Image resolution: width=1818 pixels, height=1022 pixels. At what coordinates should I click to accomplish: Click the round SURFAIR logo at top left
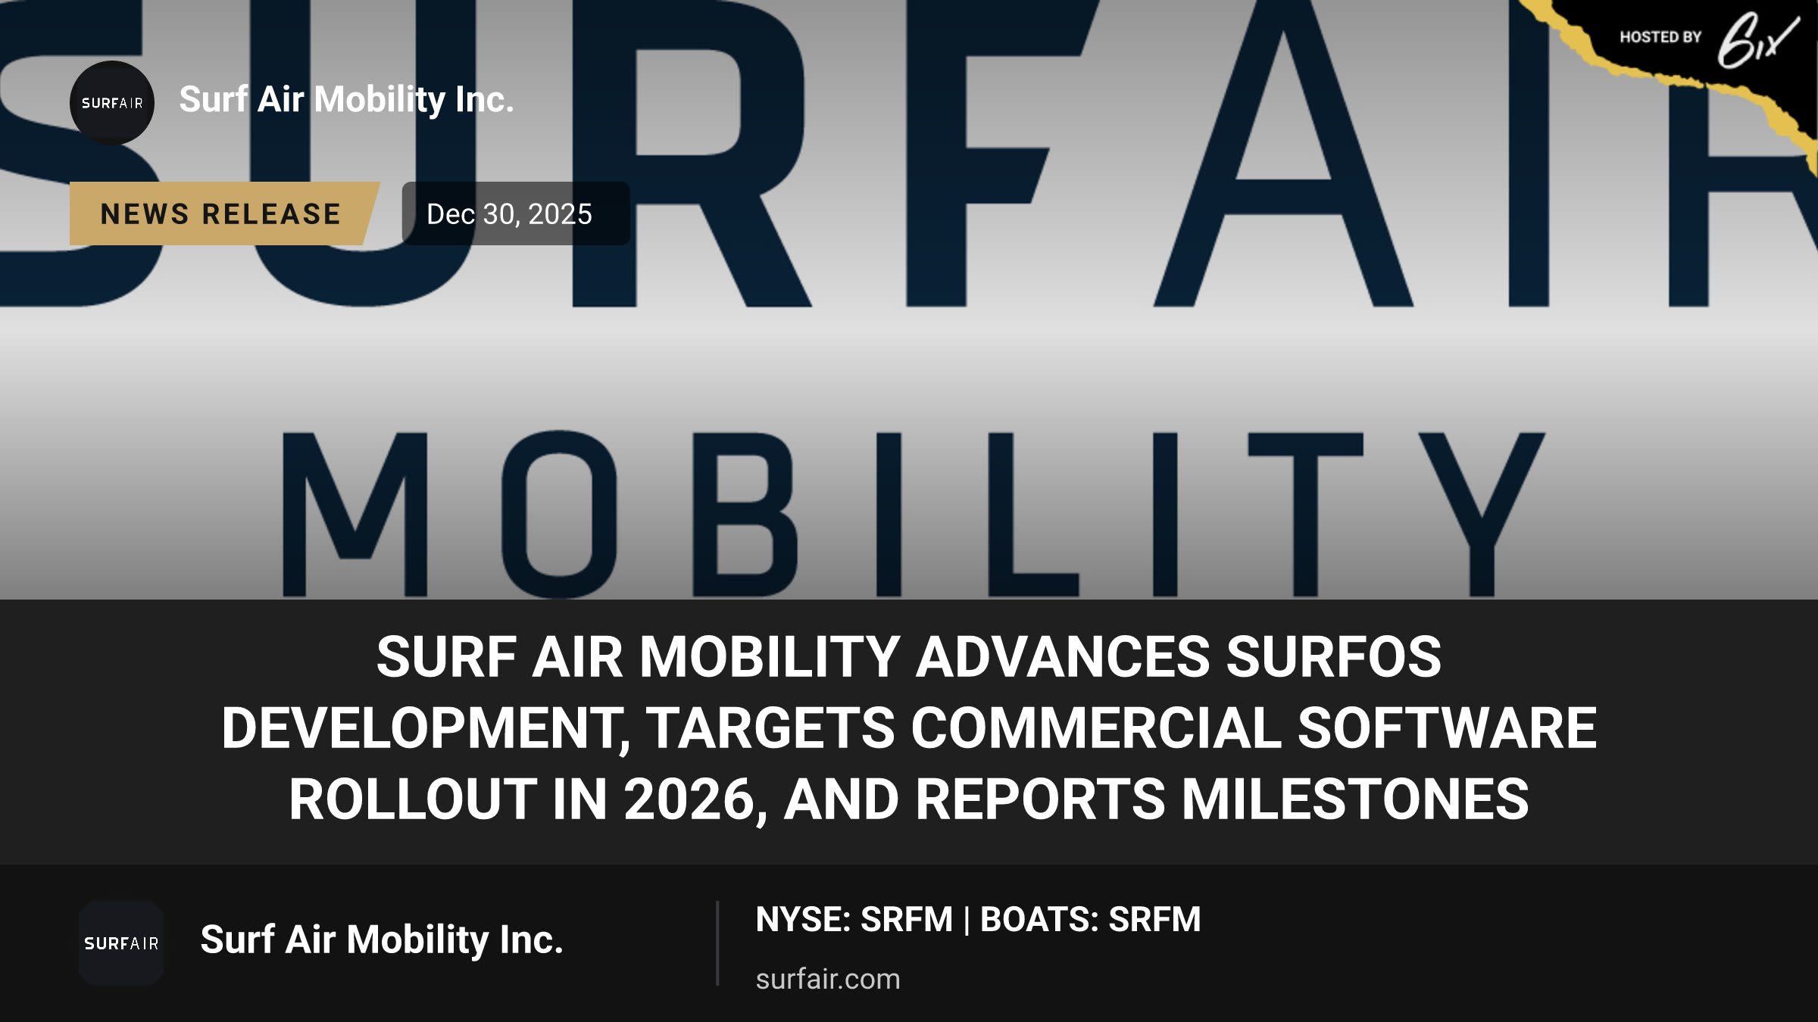(112, 103)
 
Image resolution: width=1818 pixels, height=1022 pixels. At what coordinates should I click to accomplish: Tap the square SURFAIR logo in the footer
(121, 943)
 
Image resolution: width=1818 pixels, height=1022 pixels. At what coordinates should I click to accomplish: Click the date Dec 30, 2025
(509, 214)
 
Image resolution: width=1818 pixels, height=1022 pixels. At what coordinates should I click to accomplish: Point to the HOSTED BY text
(1660, 37)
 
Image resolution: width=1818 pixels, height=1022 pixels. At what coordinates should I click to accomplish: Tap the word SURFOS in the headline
(1334, 656)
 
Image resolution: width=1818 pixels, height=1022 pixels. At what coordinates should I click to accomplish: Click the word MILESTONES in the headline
(1355, 799)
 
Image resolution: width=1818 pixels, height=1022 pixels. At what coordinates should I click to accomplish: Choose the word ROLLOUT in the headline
(412, 799)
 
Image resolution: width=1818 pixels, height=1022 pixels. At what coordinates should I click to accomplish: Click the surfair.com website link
(828, 979)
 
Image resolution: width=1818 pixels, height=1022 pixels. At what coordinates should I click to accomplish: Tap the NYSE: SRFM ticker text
(854, 920)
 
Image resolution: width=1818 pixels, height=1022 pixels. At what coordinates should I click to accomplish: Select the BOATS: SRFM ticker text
(1091, 920)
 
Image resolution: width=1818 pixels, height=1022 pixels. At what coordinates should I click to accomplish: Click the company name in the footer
(382, 940)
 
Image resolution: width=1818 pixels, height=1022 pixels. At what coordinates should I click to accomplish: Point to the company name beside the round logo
(347, 100)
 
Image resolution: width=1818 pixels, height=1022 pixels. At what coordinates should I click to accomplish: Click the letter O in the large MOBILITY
(559, 515)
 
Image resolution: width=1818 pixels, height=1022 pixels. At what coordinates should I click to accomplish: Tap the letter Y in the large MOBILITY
(1482, 515)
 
